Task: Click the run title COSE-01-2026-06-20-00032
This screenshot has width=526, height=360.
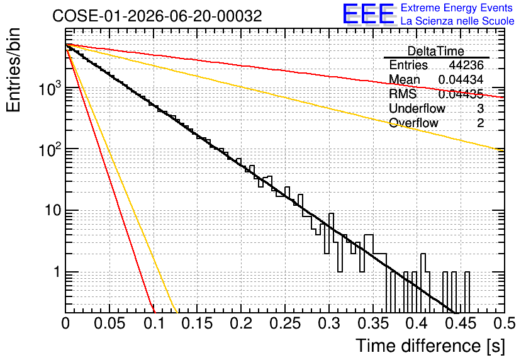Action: coord(157,16)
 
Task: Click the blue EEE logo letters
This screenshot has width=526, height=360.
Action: coord(368,14)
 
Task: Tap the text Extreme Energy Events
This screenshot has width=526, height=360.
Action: coord(457,8)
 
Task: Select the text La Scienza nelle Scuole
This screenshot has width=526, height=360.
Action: coord(457,21)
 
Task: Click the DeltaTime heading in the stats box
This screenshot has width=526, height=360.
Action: coord(436,51)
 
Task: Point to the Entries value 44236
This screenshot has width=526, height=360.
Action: coord(466,65)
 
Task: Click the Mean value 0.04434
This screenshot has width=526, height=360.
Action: coord(461,79)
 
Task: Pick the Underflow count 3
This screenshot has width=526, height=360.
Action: coord(480,108)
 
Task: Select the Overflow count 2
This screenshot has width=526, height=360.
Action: coord(480,123)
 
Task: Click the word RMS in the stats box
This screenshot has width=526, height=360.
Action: coord(403,94)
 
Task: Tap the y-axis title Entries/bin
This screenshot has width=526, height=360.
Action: coord(13,70)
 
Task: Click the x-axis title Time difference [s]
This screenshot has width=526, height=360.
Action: coord(430,346)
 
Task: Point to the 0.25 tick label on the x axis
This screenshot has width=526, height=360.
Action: coord(285,323)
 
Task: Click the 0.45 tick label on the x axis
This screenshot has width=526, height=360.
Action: coord(461,323)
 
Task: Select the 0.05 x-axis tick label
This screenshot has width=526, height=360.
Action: coord(109,323)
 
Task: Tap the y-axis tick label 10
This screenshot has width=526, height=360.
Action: coord(53,210)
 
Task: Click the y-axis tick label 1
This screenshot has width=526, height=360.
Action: coord(57,272)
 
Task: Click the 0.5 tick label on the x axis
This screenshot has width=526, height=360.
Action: coord(505,323)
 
